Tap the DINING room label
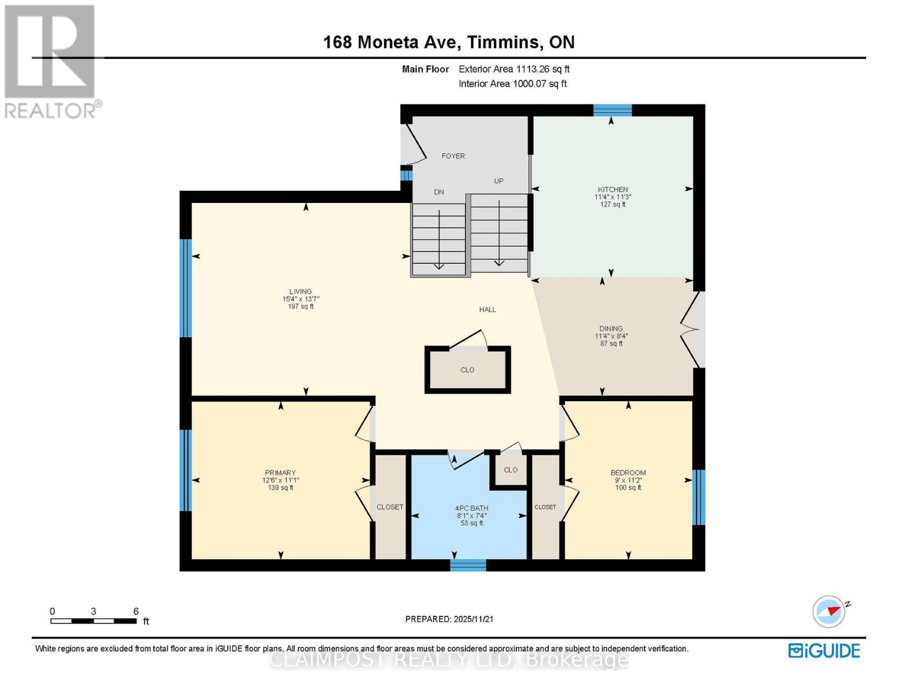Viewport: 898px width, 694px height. [x=611, y=328]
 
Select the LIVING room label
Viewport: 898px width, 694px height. [x=301, y=291]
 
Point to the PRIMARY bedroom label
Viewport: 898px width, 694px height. [x=280, y=472]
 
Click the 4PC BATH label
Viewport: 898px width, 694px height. [x=471, y=508]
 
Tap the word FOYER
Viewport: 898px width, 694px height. [x=453, y=156]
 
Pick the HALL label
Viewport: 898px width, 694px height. [x=487, y=309]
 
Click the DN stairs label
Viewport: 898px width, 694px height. [x=438, y=192]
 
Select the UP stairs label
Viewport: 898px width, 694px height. [x=498, y=180]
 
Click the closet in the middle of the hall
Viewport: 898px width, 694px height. [x=467, y=370]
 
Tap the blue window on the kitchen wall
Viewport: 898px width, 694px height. [x=612, y=110]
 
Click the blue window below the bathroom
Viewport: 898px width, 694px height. [x=468, y=565]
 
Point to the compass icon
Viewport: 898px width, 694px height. [x=829, y=612]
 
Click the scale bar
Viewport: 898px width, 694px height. [x=94, y=621]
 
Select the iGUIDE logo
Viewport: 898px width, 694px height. [x=823, y=651]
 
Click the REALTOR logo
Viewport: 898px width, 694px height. [x=51, y=62]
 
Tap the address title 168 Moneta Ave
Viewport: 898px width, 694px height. [x=390, y=42]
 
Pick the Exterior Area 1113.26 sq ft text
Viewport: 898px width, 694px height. [x=514, y=69]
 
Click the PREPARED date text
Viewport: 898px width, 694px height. [x=449, y=619]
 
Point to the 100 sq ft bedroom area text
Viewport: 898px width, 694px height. [x=628, y=488]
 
